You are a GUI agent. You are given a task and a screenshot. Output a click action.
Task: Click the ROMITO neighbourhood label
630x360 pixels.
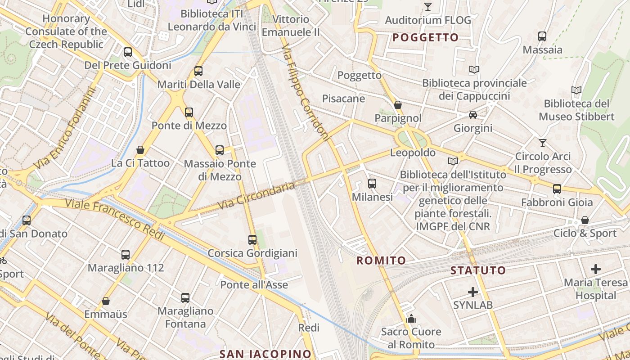(381, 260)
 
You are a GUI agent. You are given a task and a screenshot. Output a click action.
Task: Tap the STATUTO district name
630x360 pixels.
(478, 270)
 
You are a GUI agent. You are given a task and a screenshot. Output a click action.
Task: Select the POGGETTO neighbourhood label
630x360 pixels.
(425, 37)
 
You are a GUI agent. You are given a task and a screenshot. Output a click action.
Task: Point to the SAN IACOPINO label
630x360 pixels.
(265, 354)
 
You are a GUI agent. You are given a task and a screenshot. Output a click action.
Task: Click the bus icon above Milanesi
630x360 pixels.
(372, 184)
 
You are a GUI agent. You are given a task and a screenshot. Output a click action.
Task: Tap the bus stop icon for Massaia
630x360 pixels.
(542, 36)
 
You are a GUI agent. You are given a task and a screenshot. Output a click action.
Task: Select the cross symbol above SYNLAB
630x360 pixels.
(473, 292)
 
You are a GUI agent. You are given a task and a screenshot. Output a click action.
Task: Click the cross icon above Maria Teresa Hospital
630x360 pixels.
(596, 269)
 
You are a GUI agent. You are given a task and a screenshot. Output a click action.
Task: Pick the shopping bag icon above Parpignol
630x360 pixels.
(398, 105)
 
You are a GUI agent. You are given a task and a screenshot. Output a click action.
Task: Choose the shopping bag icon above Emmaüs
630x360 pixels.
(106, 301)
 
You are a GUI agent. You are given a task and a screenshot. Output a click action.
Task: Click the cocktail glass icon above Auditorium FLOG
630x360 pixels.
(427, 7)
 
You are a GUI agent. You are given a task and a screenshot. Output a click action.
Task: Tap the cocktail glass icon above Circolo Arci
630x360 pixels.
(543, 143)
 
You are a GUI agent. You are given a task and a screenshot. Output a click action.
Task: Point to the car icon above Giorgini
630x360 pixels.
(473, 115)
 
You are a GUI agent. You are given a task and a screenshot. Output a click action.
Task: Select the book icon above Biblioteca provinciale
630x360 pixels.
(474, 69)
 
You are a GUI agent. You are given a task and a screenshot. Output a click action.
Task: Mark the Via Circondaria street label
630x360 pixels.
(256, 195)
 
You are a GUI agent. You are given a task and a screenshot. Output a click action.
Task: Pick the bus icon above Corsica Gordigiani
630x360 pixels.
(252, 240)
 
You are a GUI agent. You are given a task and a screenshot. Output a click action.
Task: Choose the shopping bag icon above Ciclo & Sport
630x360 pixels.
(585, 220)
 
